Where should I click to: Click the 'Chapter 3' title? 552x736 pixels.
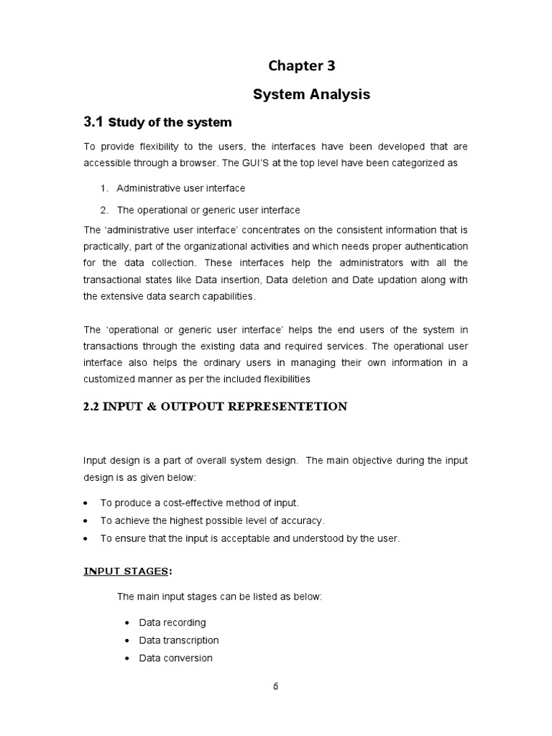302,66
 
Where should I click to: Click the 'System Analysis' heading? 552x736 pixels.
312,94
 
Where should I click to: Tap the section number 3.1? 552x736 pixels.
94,121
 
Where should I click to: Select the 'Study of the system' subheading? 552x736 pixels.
170,122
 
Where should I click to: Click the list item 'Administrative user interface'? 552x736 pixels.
180,188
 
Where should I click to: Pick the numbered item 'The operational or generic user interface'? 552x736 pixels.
208,210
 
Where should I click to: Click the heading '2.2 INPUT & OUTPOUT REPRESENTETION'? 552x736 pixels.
216,407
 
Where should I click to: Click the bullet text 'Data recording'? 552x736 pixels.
172,622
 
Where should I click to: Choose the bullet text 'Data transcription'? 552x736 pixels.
178,640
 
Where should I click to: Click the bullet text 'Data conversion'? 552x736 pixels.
175,658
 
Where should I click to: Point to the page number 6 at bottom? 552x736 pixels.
275,686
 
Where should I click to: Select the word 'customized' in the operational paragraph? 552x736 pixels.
111,378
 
